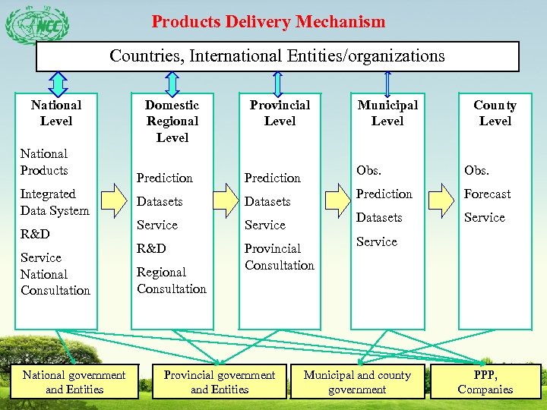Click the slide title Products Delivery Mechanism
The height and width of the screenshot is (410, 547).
(x=268, y=21)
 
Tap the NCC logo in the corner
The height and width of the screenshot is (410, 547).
(x=36, y=26)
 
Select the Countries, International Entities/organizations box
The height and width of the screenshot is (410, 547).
(x=277, y=56)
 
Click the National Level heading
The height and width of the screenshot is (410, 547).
(x=56, y=113)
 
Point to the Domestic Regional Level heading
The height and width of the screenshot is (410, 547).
(x=172, y=121)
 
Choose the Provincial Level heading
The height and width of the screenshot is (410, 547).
(x=280, y=113)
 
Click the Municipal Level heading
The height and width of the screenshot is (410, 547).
(x=387, y=113)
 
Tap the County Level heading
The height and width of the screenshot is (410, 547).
(x=495, y=113)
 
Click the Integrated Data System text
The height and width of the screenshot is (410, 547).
(x=55, y=203)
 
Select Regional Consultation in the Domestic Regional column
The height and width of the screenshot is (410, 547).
(x=172, y=280)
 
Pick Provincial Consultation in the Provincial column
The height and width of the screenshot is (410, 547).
(x=279, y=257)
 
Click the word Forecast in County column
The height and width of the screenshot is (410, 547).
(x=487, y=194)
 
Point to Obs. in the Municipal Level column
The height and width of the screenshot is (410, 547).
(x=368, y=170)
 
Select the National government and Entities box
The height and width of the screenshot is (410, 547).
(x=74, y=382)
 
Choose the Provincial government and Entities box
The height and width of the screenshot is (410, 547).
(x=220, y=382)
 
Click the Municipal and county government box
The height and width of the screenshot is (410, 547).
(x=357, y=382)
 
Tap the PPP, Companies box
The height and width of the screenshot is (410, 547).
(x=485, y=382)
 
